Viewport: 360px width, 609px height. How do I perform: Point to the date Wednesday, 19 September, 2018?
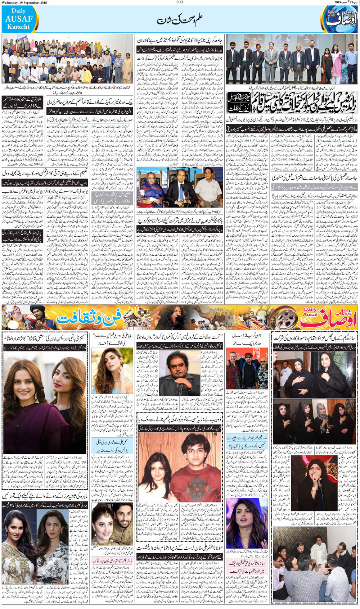point(24,2)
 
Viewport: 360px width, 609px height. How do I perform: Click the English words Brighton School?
point(258,235)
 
